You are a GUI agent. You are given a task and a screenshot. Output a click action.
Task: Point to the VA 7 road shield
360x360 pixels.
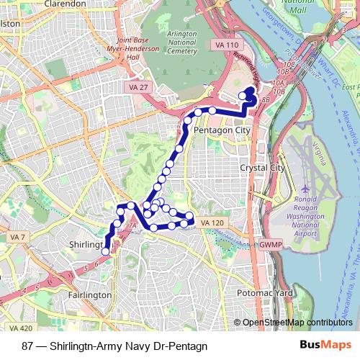tap(17, 237)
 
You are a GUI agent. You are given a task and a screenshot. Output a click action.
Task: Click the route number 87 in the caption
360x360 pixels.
tap(27, 344)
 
